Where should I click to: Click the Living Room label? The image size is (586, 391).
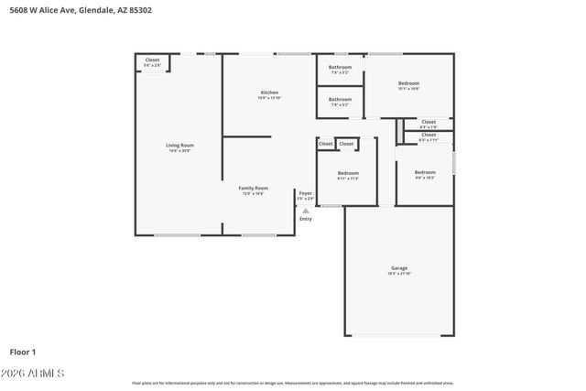tap(179, 145)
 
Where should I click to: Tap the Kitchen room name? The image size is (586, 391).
tap(269, 92)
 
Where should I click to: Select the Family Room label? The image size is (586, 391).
tap(254, 188)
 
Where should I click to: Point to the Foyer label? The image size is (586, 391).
tap(305, 193)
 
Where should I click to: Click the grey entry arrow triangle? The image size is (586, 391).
tap(305, 211)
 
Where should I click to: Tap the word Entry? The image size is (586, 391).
tap(305, 219)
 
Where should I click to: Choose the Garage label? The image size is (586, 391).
tap(399, 268)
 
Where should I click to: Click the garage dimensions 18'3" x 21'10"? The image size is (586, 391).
tap(399, 274)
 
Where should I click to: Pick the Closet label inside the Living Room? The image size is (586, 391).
tap(152, 60)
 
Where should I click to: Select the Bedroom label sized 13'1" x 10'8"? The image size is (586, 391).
tap(408, 82)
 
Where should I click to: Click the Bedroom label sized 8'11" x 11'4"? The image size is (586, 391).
tap(348, 173)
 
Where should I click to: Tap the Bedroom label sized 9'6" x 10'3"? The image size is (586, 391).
tap(425, 172)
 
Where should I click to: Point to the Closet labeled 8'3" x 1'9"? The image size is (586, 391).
tap(429, 122)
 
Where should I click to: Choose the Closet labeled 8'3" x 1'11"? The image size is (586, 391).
tap(429, 135)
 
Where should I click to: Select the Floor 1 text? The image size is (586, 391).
tap(23, 351)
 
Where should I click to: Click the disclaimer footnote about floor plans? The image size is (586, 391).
tap(292, 383)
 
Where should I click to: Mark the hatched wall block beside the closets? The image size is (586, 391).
tap(399, 132)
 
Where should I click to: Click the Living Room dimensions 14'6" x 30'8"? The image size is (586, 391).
tap(179, 150)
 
